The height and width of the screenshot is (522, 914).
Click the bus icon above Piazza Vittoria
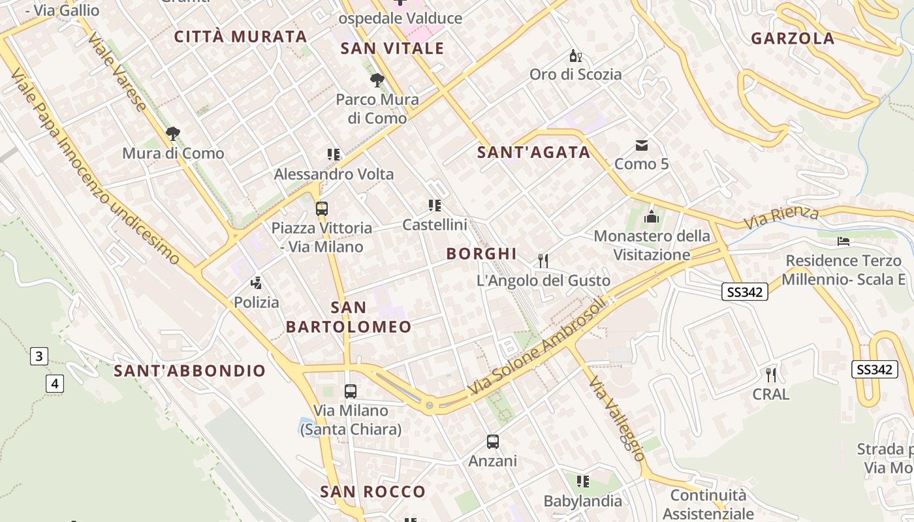[321, 209]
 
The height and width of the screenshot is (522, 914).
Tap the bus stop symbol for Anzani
[493, 442]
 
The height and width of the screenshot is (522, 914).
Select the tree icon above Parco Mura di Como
[377, 81]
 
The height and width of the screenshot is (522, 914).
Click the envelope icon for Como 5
[642, 145]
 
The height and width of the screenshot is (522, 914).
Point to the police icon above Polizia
[257, 283]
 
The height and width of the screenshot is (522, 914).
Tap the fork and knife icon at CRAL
[771, 375]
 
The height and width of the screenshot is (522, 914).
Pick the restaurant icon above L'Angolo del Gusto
[543, 261]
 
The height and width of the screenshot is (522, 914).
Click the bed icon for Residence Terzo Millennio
[843, 241]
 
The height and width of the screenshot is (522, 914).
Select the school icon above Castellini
[435, 206]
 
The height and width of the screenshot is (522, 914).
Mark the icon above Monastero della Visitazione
[651, 217]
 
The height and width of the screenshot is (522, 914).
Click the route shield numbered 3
[39, 356]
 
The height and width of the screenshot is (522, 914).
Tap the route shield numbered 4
[55, 384]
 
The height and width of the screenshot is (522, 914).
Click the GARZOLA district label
[793, 38]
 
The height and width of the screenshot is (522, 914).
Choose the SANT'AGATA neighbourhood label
[533, 153]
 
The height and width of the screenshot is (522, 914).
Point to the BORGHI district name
[481, 254]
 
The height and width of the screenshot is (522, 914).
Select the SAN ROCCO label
[372, 492]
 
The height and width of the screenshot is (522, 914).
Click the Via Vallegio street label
[616, 418]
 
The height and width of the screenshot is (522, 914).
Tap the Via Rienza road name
[781, 217]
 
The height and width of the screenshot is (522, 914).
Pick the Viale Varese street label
[118, 72]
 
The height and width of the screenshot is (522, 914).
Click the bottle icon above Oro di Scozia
[575, 56]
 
